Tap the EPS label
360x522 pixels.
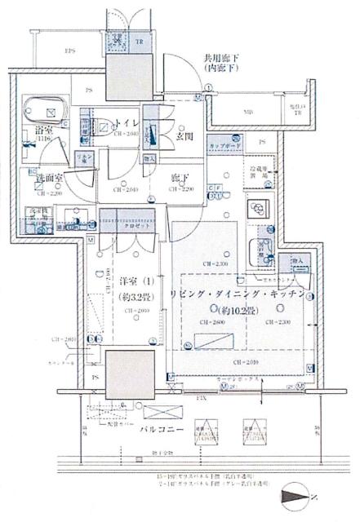(x=70, y=51)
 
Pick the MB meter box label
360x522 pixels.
(x=247, y=113)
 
